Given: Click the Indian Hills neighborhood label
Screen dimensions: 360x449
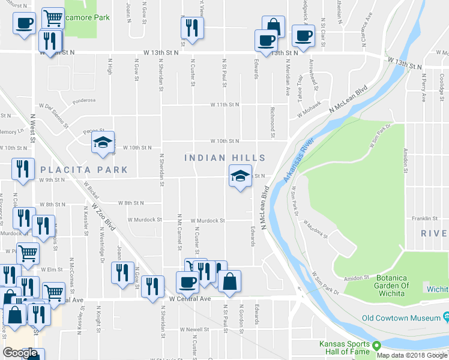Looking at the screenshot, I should [224, 158].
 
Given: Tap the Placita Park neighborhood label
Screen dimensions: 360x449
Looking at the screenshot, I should [84, 170].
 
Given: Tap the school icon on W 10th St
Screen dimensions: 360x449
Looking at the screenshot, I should [103, 143].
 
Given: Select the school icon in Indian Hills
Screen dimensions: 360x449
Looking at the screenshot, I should [239, 177].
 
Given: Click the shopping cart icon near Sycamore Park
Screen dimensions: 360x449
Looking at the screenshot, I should [53, 19].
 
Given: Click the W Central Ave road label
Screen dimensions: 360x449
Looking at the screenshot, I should [190, 298].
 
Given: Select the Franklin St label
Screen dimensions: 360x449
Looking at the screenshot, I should [422, 218].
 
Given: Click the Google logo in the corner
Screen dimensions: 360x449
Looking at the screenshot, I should [20, 353].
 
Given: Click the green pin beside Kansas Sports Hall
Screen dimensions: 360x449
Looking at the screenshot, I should [377, 346].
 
